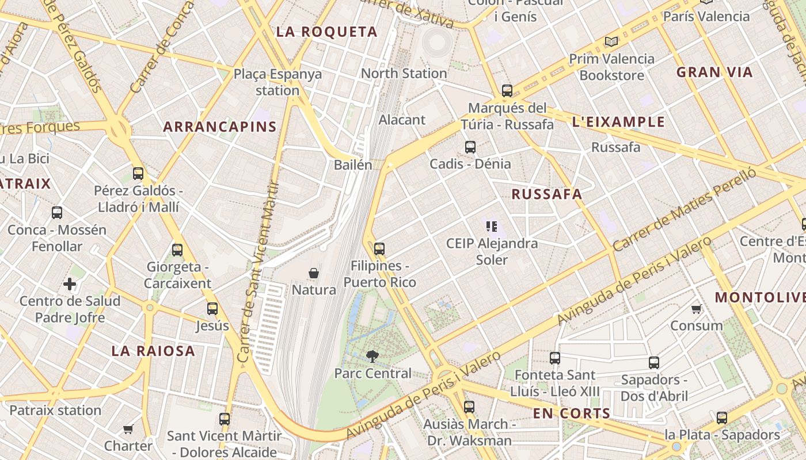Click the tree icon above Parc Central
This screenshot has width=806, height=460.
click(372, 356)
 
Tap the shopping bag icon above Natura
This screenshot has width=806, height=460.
click(314, 273)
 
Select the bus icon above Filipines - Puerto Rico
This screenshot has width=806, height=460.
click(379, 249)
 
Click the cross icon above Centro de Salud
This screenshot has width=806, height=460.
click(70, 284)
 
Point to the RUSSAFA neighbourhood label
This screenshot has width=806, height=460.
click(547, 194)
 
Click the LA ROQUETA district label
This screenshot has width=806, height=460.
click(326, 32)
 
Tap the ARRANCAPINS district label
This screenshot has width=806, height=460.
click(220, 126)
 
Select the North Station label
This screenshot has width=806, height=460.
click(404, 74)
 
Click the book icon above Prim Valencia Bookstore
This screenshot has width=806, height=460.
click(611, 42)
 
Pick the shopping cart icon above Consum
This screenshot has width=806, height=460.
click(696, 309)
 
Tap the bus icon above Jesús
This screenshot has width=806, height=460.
click(212, 309)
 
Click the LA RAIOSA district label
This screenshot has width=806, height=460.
click(153, 351)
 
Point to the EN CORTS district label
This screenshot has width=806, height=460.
click(571, 413)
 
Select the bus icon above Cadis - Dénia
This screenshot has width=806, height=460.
click(470, 147)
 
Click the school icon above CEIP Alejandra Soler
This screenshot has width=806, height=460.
click(491, 227)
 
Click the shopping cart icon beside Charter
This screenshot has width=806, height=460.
click(128, 429)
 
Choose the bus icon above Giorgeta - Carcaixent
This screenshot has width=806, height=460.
click(177, 250)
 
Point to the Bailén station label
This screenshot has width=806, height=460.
click(353, 165)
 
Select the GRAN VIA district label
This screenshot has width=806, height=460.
click(714, 72)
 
